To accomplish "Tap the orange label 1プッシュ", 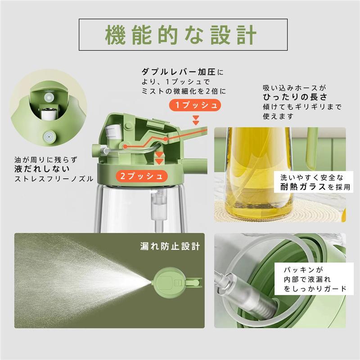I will (x=196, y=105).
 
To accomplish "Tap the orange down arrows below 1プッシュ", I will (x=196, y=119).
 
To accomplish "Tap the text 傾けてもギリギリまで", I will (x=302, y=107).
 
